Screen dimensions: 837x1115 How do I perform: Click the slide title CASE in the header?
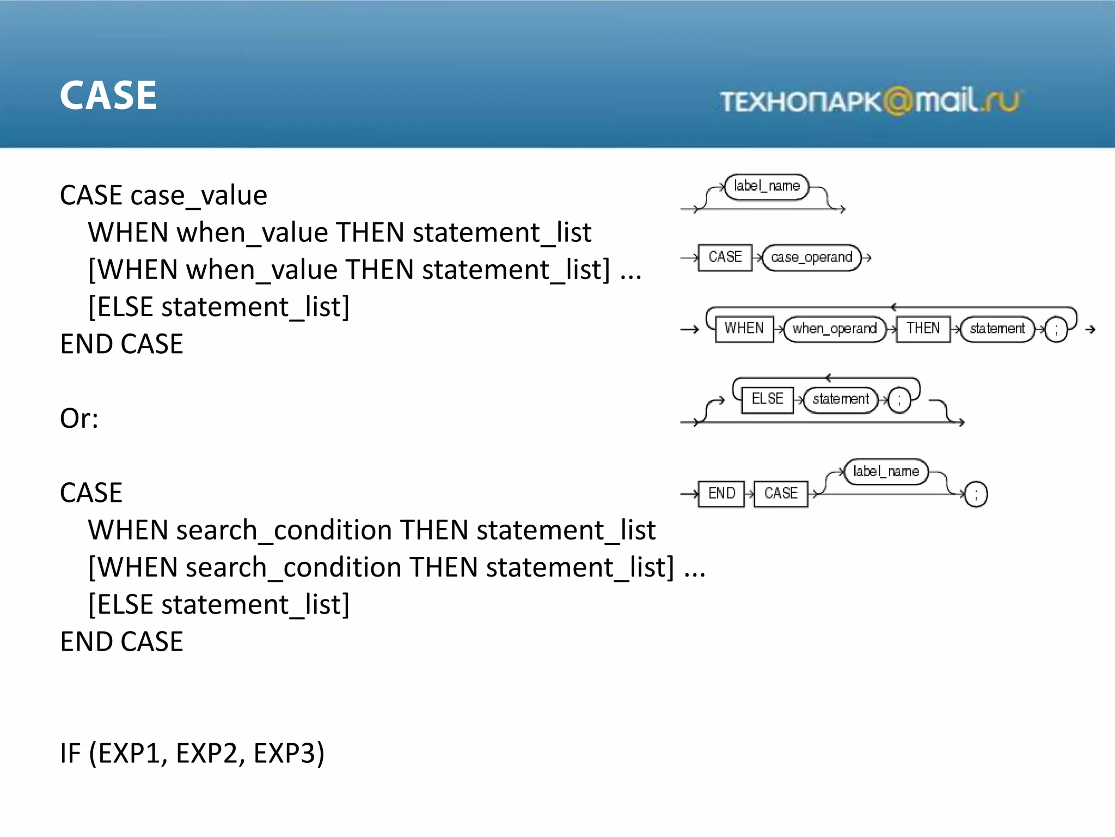pos(108,95)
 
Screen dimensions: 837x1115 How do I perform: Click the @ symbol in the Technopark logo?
pos(897,101)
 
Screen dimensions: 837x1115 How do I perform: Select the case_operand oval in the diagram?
pos(811,257)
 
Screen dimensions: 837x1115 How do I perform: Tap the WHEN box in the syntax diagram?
pos(744,329)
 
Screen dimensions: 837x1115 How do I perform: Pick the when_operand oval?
pos(834,329)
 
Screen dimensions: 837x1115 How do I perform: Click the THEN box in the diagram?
pos(923,329)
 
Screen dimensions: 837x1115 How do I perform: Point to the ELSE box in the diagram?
pos(767,399)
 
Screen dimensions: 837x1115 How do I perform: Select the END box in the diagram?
pos(721,494)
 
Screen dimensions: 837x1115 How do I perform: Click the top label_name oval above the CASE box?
pos(767,186)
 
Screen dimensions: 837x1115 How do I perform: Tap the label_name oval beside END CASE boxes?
pos(886,471)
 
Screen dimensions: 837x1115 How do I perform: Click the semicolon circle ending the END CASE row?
pos(976,494)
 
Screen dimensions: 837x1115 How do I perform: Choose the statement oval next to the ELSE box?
pos(841,399)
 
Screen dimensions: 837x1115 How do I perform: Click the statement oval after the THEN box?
pos(997,329)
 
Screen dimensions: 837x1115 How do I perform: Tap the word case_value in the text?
pos(199,196)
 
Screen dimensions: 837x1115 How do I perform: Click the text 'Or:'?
pos(79,418)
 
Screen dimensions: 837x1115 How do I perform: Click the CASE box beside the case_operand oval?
pos(725,257)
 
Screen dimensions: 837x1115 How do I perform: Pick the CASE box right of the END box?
pos(781,494)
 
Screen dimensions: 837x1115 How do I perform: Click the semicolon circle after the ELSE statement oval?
pos(899,401)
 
